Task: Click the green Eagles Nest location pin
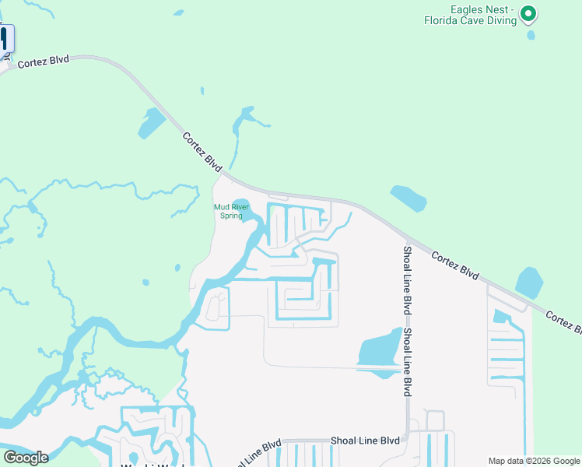point(528,12)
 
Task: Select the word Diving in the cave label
point(500,21)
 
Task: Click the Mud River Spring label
point(231,211)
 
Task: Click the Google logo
point(26,458)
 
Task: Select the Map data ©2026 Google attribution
point(534,461)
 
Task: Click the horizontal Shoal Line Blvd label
point(366,441)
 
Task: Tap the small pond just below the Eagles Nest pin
point(531,35)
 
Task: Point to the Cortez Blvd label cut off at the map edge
point(563,321)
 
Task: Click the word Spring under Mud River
point(231,216)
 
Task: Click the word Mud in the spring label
point(221,207)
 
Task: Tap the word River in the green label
point(239,207)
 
